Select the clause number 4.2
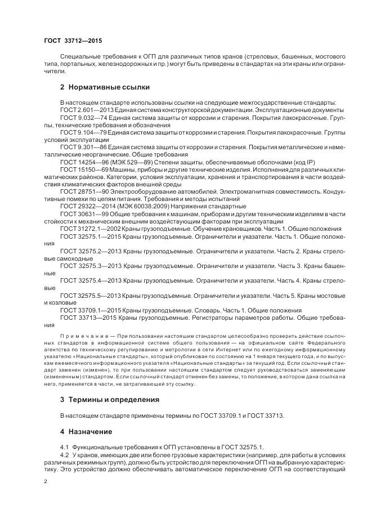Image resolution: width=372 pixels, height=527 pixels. pyautogui.click(x=64, y=453)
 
